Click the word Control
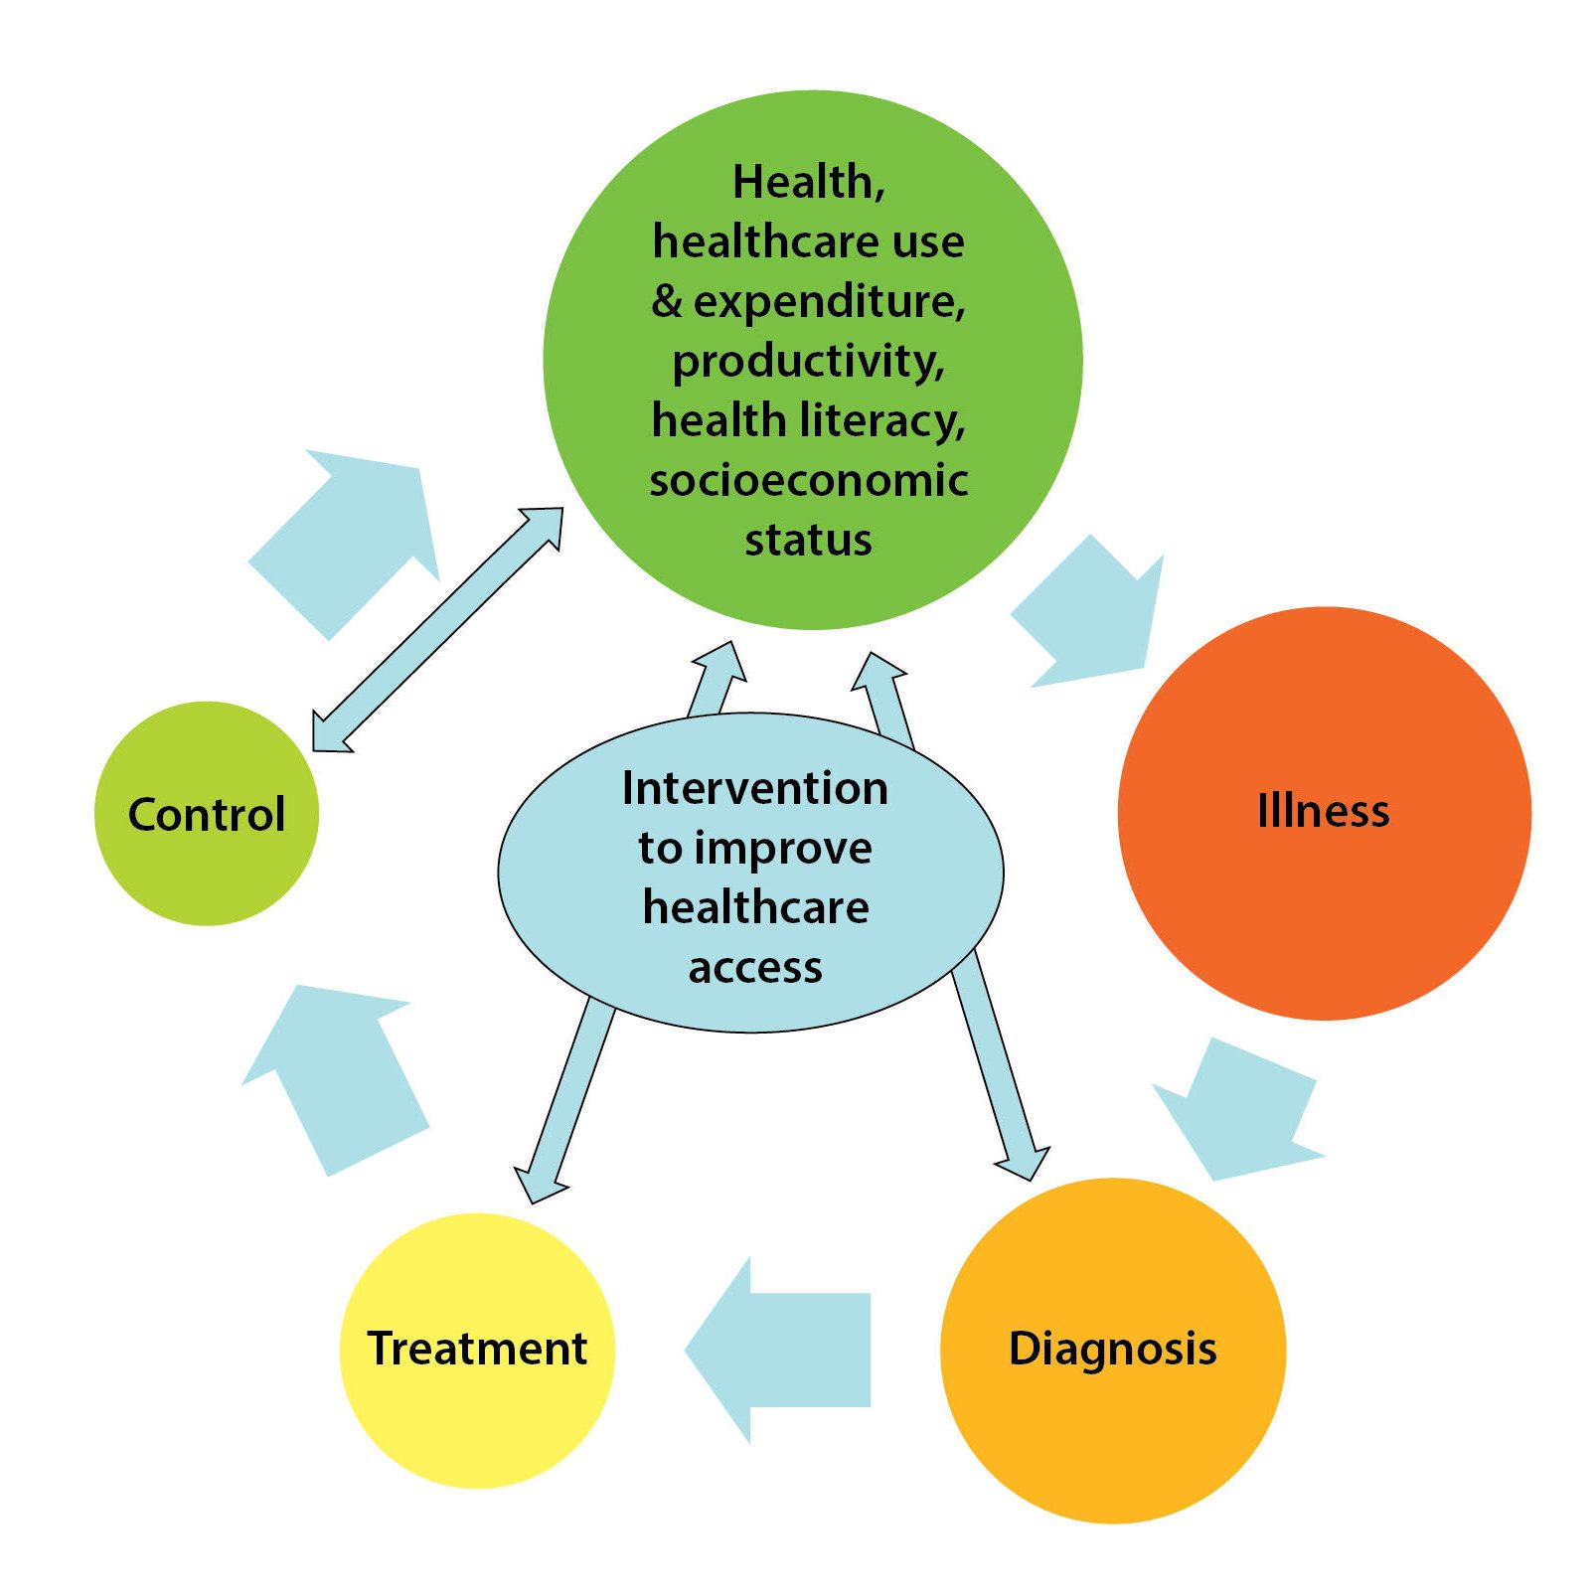[207, 814]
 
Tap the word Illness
[1323, 811]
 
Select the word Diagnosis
[1112, 1350]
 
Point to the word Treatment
[477, 1349]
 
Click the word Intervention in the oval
[754, 789]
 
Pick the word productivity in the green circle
[808, 362]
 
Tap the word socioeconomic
[808, 481]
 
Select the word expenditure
[829, 302]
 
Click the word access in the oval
[755, 968]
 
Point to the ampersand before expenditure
[667, 302]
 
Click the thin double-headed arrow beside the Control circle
[437, 630]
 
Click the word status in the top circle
[808, 541]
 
